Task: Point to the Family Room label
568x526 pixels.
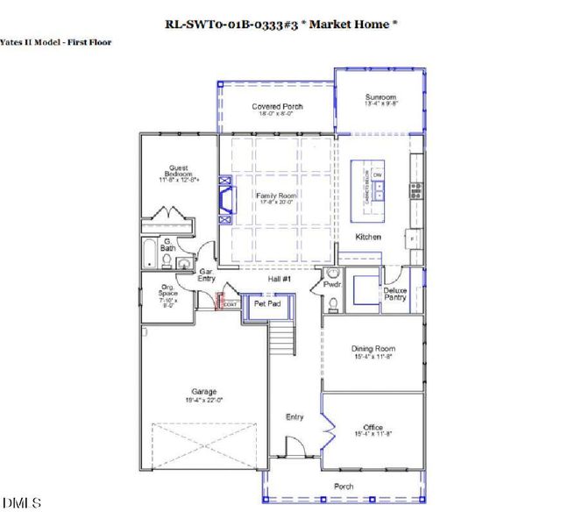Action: [276, 198]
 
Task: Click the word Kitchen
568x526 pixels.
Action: [368, 237]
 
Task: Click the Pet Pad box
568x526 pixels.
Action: [266, 303]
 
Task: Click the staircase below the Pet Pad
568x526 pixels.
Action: [280, 338]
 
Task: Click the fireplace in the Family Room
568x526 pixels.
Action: [225, 197]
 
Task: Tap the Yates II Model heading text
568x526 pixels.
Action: [56, 41]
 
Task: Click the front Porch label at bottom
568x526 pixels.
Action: [343, 486]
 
